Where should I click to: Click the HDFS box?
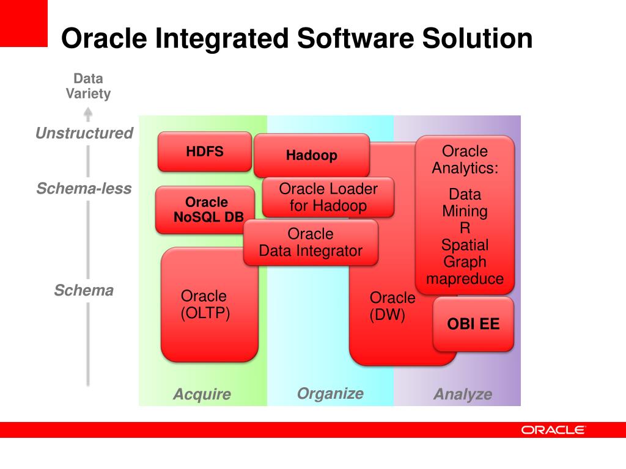[x=205, y=151]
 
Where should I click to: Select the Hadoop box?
[x=311, y=155]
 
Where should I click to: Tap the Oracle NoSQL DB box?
[x=205, y=209]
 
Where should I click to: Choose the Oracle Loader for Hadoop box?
[x=328, y=197]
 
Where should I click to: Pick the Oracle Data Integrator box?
[x=311, y=242]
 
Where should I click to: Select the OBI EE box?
[x=473, y=324]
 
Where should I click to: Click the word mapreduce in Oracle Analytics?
[x=465, y=279]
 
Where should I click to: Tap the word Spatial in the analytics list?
[x=465, y=245]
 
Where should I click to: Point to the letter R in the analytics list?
[x=465, y=228]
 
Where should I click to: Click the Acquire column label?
[x=202, y=394]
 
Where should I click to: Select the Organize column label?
[x=330, y=393]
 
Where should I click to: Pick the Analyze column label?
[x=463, y=394]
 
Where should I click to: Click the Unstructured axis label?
[x=84, y=133]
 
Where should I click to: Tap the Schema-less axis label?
[x=84, y=188]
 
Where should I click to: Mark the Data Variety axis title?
[x=88, y=86]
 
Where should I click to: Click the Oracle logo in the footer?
[x=553, y=430]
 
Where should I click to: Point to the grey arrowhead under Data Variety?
[x=88, y=113]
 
